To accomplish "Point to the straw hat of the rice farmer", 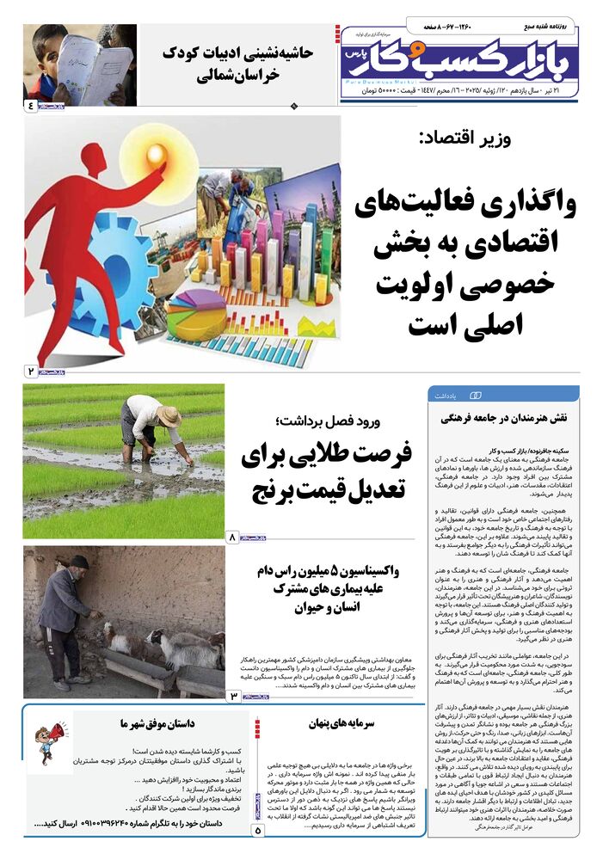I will tap(169, 415).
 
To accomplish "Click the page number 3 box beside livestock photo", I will tap(233, 694).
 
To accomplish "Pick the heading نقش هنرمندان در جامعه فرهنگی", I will tap(503, 418).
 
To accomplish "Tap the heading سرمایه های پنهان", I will tap(341, 724).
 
